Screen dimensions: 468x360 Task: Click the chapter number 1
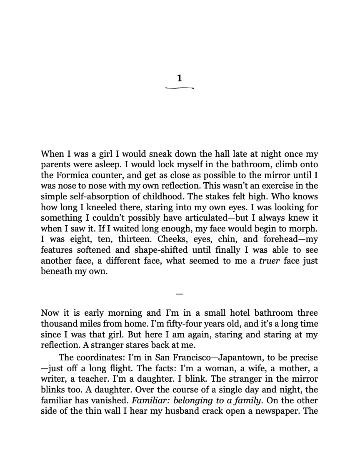point(180,78)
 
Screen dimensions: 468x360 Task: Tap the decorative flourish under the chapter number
point(180,88)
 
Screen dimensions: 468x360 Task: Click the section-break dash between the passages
point(180,294)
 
